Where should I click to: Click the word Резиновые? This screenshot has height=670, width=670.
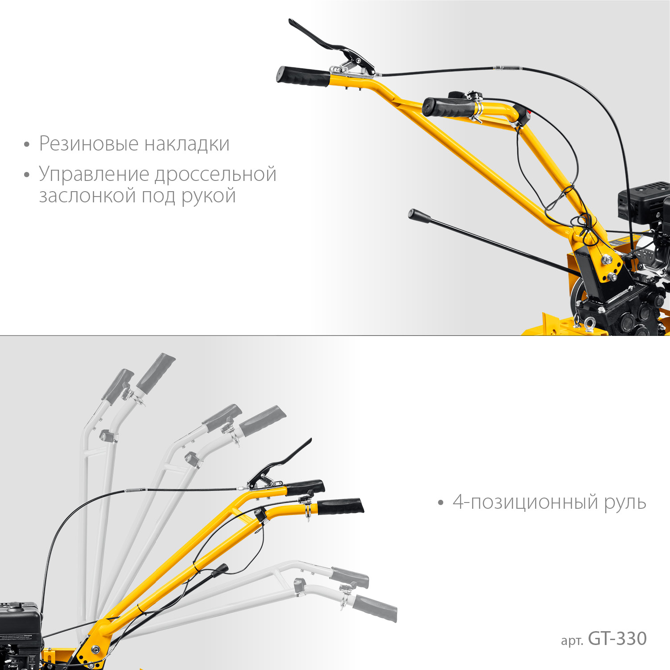[88, 144]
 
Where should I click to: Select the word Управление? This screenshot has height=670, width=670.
[94, 174]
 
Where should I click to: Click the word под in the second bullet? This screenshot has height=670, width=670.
[158, 196]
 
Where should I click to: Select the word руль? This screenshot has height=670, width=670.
[625, 503]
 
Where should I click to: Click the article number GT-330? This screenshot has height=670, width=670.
[617, 639]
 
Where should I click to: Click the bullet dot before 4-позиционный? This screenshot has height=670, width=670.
[441, 503]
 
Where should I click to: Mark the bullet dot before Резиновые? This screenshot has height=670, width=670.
[27, 145]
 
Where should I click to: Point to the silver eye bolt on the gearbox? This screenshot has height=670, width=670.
[589, 324]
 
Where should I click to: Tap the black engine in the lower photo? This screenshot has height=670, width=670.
[20, 625]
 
